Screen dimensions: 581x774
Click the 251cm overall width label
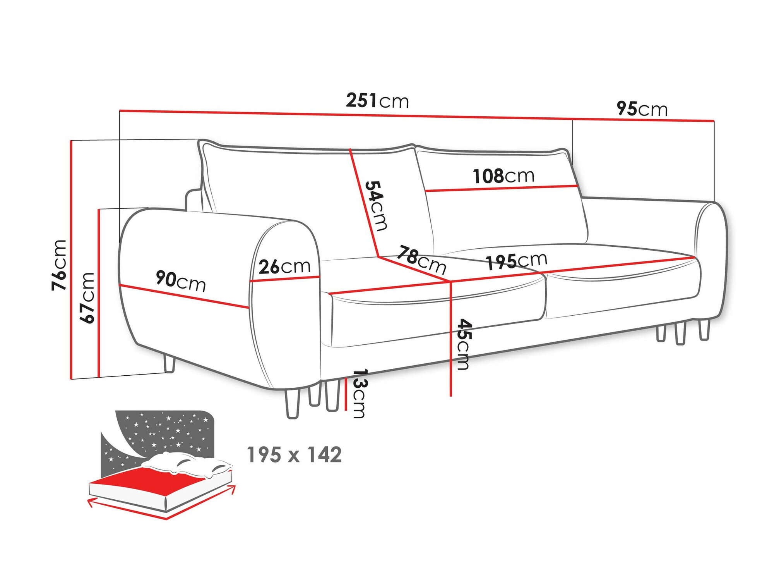coord(377,101)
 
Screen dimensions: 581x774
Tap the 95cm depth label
coord(642,109)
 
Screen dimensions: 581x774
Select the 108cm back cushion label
coord(503,176)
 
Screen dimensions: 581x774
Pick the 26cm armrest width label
coord(284,267)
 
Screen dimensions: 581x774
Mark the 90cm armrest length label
coord(180,281)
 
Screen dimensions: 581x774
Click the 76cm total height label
coord(60,265)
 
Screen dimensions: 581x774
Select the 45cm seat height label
coord(464,344)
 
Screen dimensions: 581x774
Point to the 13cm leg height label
coord(360,394)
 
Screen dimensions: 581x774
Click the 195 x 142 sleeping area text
coord(294,455)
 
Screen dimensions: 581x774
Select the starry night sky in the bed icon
coord(166,430)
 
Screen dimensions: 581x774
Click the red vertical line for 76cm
coord(71,260)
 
